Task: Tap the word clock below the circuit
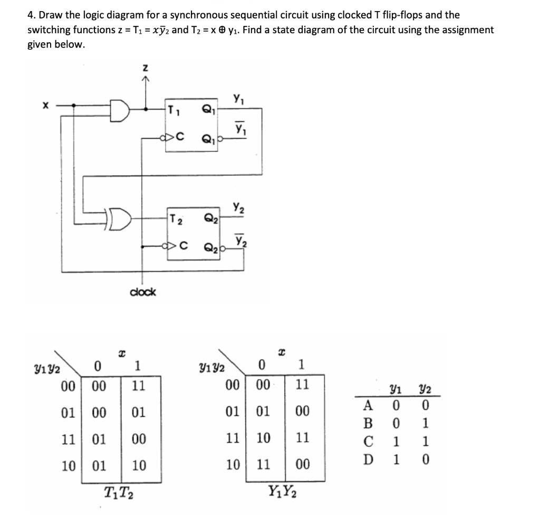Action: click(x=142, y=292)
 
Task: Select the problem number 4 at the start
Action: click(x=31, y=15)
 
